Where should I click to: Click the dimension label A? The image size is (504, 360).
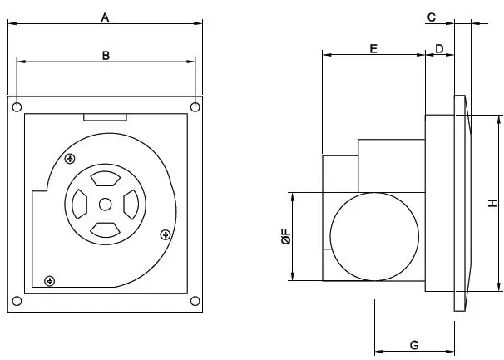105,16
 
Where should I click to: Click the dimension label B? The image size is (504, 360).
106,55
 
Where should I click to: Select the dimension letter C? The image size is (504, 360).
432,17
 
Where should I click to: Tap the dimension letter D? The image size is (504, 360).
439,49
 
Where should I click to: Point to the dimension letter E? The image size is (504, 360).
373,49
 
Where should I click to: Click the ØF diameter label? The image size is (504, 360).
284,238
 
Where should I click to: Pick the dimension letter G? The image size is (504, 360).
414,344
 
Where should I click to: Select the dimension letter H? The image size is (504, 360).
492,203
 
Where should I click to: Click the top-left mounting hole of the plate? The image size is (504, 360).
17,106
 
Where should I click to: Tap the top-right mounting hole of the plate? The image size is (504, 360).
195,106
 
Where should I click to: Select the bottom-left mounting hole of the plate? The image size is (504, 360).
17,300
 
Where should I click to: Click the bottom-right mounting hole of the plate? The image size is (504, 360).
195,300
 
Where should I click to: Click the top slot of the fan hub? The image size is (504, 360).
105,179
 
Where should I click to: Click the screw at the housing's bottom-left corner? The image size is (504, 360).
50,281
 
